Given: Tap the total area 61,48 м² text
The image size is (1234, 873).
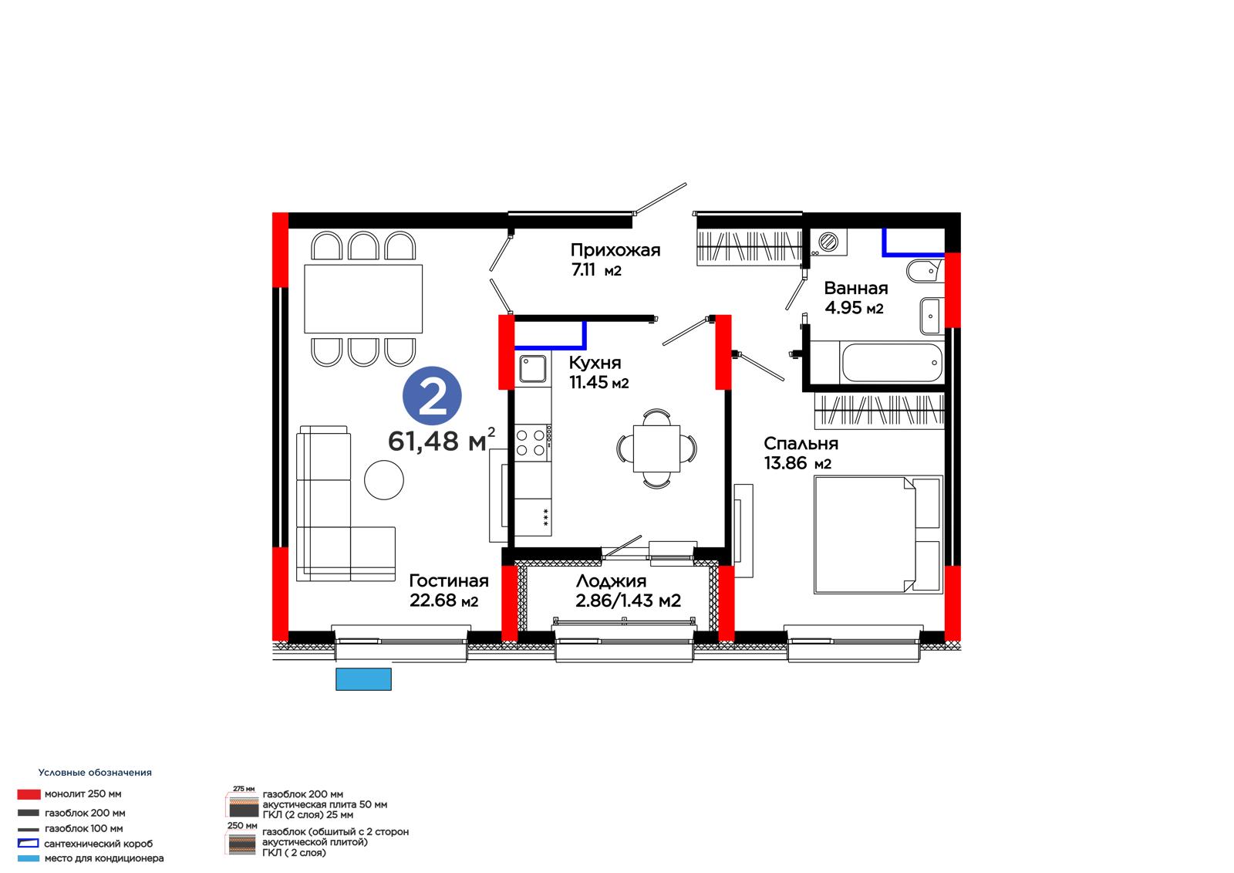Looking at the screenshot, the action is pyautogui.click(x=441, y=440).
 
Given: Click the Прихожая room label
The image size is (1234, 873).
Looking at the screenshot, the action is pyautogui.click(x=615, y=250).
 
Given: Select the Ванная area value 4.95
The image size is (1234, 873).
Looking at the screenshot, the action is pyautogui.click(x=843, y=307).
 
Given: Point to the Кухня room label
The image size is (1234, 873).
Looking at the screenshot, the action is pyautogui.click(x=595, y=362).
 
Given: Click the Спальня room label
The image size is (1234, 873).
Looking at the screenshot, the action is pyautogui.click(x=801, y=443).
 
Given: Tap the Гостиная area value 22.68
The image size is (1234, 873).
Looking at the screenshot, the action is pyautogui.click(x=433, y=600).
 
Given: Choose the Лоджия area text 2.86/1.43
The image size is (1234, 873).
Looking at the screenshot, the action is pyautogui.click(x=616, y=600).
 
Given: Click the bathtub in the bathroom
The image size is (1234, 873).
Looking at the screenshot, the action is pyautogui.click(x=892, y=363).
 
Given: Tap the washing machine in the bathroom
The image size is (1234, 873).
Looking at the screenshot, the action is pyautogui.click(x=828, y=242).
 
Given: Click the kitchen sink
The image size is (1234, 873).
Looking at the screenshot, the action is pyautogui.click(x=533, y=368).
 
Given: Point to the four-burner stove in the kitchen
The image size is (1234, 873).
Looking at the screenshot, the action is pyautogui.click(x=532, y=443).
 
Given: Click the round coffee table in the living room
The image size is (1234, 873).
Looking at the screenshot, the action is pyautogui.click(x=383, y=480).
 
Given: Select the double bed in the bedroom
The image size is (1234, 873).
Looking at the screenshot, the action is pyautogui.click(x=878, y=534).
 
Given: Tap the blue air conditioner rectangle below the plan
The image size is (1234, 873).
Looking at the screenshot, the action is pyautogui.click(x=363, y=679).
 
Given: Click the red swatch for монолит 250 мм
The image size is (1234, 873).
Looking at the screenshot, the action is pyautogui.click(x=29, y=794).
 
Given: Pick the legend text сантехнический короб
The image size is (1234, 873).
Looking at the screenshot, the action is pyautogui.click(x=99, y=843).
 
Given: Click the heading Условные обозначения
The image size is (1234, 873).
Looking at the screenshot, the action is pyautogui.click(x=95, y=772).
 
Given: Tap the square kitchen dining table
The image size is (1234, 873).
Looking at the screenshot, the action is pyautogui.click(x=656, y=448).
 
